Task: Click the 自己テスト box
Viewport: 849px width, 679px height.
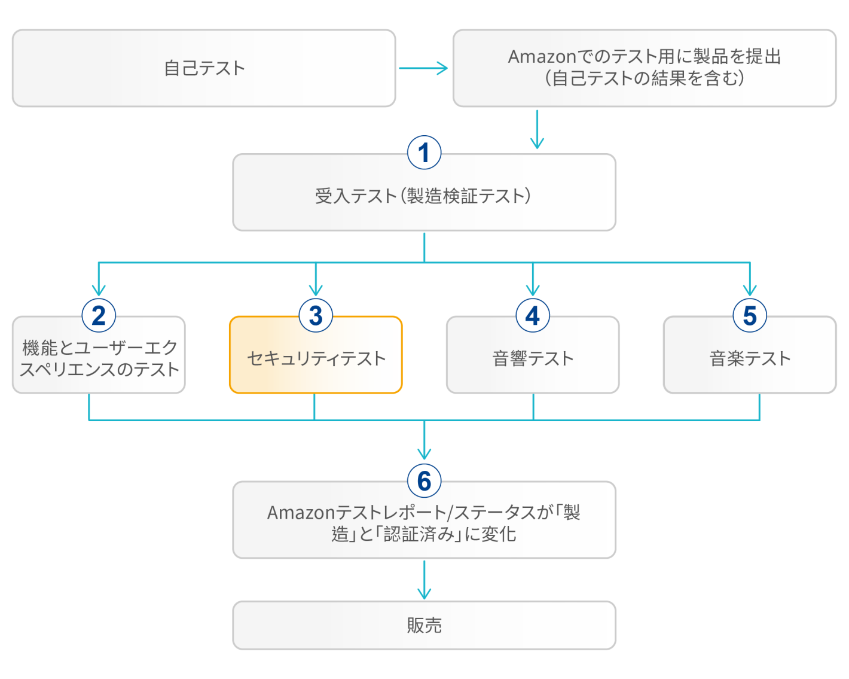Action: click(x=203, y=68)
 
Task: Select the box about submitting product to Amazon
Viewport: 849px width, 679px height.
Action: click(x=644, y=68)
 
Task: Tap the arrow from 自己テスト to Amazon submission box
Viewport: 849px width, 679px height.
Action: click(x=423, y=68)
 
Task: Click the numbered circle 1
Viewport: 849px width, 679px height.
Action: click(x=424, y=153)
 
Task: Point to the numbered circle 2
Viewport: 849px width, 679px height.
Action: click(x=99, y=315)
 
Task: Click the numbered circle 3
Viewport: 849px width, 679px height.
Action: click(x=316, y=315)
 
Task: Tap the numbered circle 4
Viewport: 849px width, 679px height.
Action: click(x=533, y=315)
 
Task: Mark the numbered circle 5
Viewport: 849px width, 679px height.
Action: click(x=750, y=315)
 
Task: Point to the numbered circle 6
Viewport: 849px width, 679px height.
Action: click(x=424, y=480)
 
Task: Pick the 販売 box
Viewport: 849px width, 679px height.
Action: click(x=423, y=625)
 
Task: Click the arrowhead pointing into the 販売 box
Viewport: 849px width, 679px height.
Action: click(x=424, y=594)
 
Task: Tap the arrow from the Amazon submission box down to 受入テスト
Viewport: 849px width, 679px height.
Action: click(x=537, y=129)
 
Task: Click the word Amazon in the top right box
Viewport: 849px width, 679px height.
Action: click(x=541, y=57)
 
